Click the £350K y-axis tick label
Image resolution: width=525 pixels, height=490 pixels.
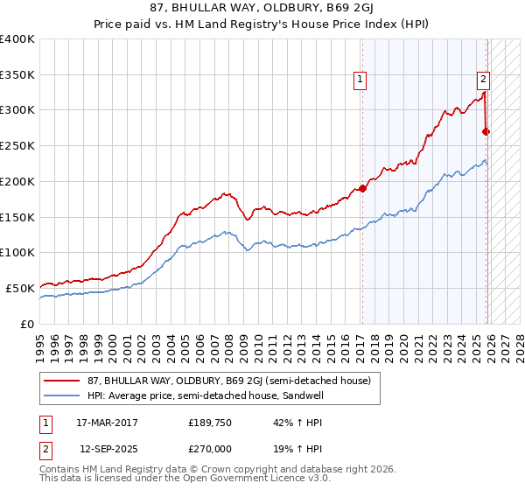pyautogui.click(x=17, y=74)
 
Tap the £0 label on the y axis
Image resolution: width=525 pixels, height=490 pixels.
pyautogui.click(x=28, y=324)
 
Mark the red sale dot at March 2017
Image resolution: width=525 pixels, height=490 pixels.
pyautogui.click(x=362, y=188)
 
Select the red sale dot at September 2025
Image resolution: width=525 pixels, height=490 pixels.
pyautogui.click(x=486, y=131)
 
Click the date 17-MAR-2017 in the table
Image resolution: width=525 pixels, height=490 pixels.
pyautogui.click(x=108, y=422)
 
